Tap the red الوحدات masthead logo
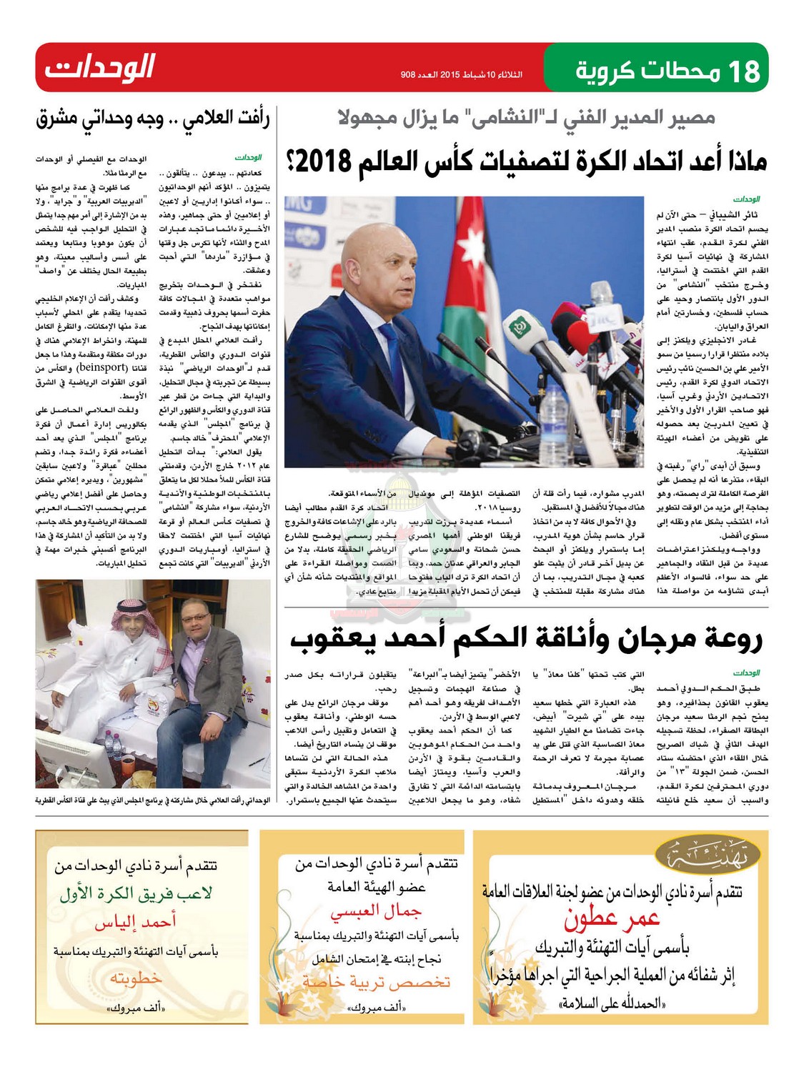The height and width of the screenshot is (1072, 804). pyautogui.click(x=100, y=68)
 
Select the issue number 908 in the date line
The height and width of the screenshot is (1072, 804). pyautogui.click(x=408, y=74)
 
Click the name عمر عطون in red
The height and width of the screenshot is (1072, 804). pyautogui.click(x=612, y=920)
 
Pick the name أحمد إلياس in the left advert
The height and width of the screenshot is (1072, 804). pyautogui.click(x=135, y=923)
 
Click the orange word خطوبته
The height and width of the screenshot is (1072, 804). pyautogui.click(x=135, y=978)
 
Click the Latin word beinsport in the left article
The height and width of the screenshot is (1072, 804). pyautogui.click(x=102, y=367)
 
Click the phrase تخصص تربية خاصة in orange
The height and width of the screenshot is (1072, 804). pyautogui.click(x=376, y=981)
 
